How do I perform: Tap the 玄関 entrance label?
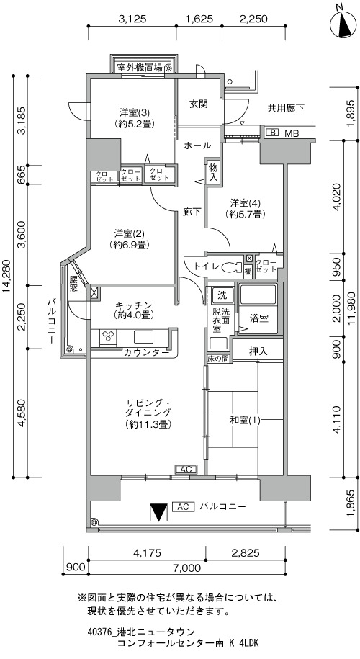coord(198,104)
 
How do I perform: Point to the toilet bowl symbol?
coord(230,266)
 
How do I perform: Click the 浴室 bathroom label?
coord(258,318)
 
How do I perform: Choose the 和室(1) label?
coord(245,420)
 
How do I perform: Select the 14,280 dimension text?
coord(8,277)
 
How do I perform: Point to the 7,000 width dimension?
coord(186,568)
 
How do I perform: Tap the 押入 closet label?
coord(258,351)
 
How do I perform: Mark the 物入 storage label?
coord(213,172)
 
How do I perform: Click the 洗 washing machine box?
coord(221,295)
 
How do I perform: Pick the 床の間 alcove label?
coord(217,359)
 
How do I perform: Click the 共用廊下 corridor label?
coord(286,108)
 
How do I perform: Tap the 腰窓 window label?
coord(73,284)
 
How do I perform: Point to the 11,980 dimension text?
coord(351,308)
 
